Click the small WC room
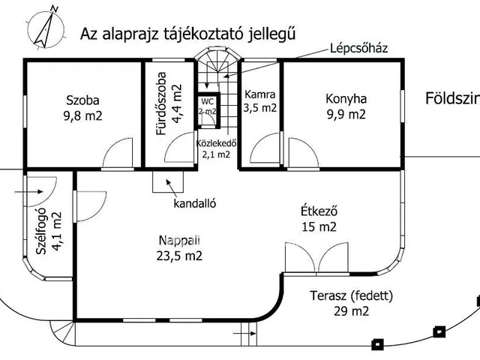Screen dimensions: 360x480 [206, 106]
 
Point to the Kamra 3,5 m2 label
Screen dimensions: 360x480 [260, 101]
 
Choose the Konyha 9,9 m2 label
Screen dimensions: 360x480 [345, 106]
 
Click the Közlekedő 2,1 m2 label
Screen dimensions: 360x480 [216, 148]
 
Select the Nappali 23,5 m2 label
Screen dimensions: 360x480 [179, 247]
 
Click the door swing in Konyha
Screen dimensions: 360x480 [300, 154]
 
